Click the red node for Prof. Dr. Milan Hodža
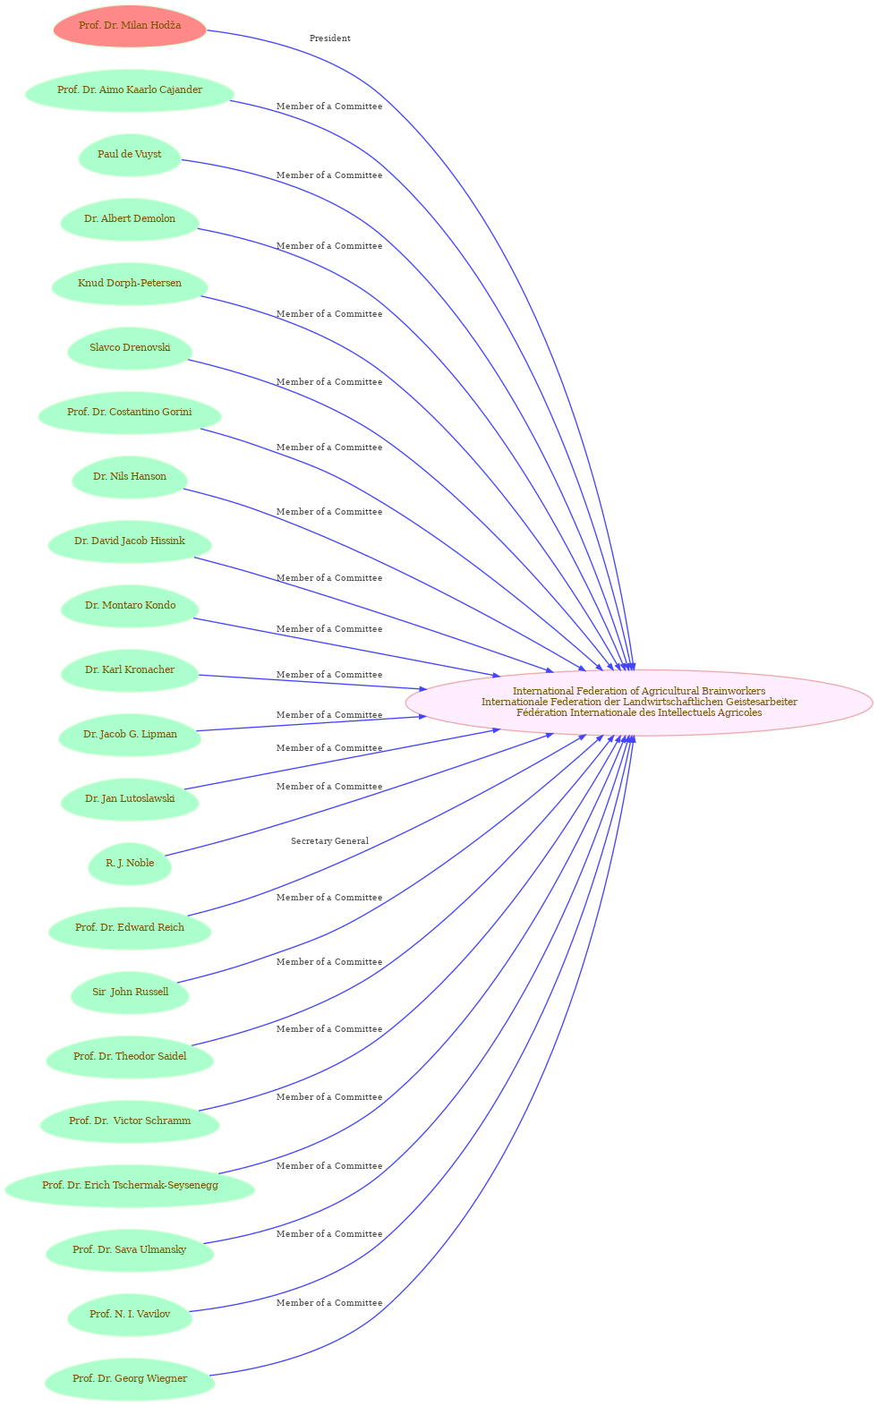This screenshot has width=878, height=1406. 130,26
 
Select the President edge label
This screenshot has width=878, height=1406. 329,38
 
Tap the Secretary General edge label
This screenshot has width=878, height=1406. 329,841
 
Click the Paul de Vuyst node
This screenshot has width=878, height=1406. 130,155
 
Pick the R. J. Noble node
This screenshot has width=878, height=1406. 130,864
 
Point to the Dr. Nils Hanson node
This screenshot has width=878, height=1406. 130,477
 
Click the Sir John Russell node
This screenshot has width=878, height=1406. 130,993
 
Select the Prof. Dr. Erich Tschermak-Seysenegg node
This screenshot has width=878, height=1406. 130,1186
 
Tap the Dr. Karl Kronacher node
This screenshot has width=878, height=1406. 130,670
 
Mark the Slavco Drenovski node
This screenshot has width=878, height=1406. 130,348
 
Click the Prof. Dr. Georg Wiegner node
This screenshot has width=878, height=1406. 130,1379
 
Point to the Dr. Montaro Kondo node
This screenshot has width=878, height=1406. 130,606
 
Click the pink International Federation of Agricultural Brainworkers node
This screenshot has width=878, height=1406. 639,703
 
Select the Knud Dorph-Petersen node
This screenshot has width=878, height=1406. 130,284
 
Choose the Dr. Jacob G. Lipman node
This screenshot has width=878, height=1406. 130,735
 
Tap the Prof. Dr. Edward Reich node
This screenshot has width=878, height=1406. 130,928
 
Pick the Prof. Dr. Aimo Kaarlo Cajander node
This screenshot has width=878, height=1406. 130,90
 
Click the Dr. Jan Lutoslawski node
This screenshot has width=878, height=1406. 130,799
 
